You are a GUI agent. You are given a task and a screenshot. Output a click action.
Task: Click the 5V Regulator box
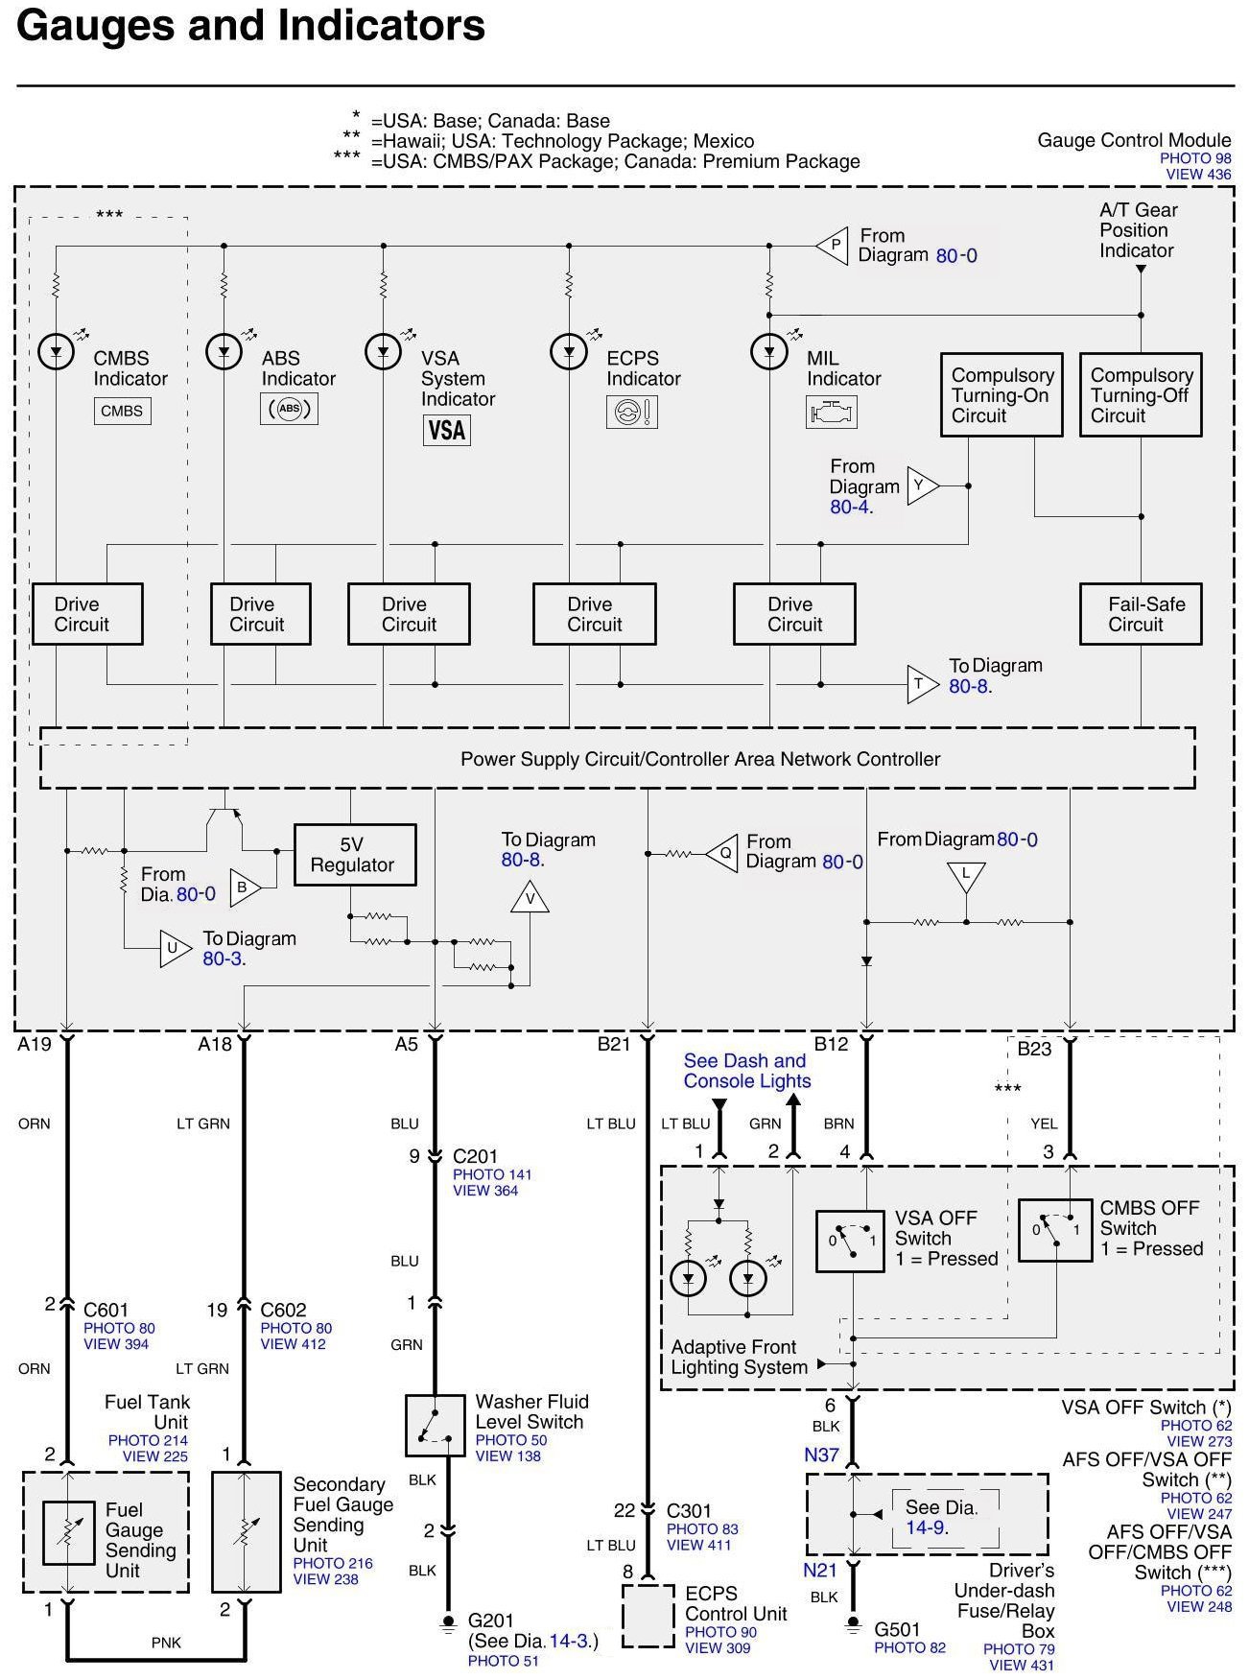click(x=354, y=854)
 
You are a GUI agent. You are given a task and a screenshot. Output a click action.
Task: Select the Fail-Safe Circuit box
click(x=1141, y=614)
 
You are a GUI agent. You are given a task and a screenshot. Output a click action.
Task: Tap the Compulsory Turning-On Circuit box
click(x=1002, y=395)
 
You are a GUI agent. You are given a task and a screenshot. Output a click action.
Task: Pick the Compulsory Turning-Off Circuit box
click(x=1141, y=395)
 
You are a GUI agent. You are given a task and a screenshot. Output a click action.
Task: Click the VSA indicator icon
click(x=446, y=430)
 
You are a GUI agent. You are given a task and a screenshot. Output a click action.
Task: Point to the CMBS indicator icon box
click(x=122, y=412)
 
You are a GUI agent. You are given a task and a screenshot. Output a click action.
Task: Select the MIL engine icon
click(x=831, y=413)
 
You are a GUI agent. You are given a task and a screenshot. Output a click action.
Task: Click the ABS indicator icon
click(x=289, y=410)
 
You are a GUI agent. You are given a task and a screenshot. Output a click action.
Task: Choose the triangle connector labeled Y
click(x=922, y=486)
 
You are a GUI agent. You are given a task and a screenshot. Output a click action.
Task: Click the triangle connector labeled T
click(x=922, y=684)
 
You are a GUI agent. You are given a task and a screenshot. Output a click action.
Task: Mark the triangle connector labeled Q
click(x=722, y=852)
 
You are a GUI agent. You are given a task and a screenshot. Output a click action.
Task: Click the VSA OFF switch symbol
click(x=849, y=1241)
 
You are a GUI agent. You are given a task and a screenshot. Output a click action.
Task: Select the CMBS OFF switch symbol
click(x=1054, y=1229)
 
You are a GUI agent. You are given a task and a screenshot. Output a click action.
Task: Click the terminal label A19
click(x=35, y=1045)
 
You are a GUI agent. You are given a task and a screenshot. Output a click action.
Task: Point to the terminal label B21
click(x=614, y=1045)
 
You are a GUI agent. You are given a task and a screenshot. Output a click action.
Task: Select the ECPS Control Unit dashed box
click(x=649, y=1616)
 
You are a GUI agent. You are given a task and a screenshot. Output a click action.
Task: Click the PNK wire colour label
click(x=166, y=1643)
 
